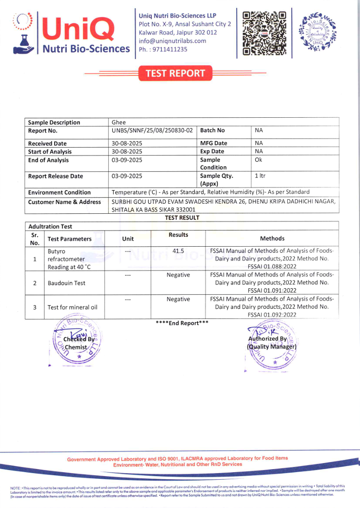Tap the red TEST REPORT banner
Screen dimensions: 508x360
tap(175, 74)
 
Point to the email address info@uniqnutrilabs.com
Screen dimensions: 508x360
tap(172, 41)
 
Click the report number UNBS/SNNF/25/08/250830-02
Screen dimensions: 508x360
tap(152, 130)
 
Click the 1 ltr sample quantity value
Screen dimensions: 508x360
tap(260, 175)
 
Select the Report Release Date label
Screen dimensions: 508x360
tap(56, 176)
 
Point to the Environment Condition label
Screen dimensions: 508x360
tap(59, 193)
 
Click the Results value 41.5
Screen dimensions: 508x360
tap(178, 251)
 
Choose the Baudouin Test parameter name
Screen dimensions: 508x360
tap(66, 283)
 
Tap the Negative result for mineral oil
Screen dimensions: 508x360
tap(178, 299)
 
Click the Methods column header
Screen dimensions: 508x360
tap(272, 239)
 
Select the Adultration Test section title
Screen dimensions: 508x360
tap(50, 227)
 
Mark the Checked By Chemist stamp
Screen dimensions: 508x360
tap(78, 344)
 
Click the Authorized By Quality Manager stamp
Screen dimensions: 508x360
tap(272, 343)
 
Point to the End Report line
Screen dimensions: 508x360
tap(182, 323)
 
